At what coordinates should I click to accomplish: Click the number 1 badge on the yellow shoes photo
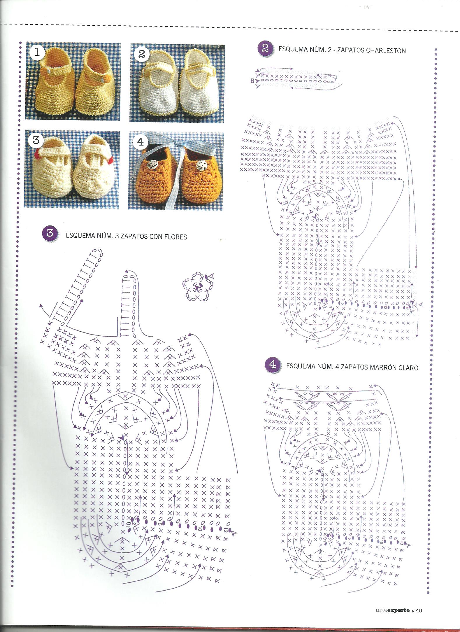[37, 53]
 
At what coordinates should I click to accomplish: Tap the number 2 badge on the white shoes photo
[141, 54]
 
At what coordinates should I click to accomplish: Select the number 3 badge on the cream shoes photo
[36, 140]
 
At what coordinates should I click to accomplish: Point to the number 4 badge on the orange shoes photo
[141, 142]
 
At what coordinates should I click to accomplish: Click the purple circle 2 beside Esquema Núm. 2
[265, 48]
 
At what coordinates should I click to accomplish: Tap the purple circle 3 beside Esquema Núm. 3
[50, 234]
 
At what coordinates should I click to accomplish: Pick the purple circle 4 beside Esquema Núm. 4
[273, 365]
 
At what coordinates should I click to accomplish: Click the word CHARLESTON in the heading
[386, 51]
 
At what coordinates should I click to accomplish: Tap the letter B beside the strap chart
[252, 81]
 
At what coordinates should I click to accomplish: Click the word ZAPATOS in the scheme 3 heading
[134, 236]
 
